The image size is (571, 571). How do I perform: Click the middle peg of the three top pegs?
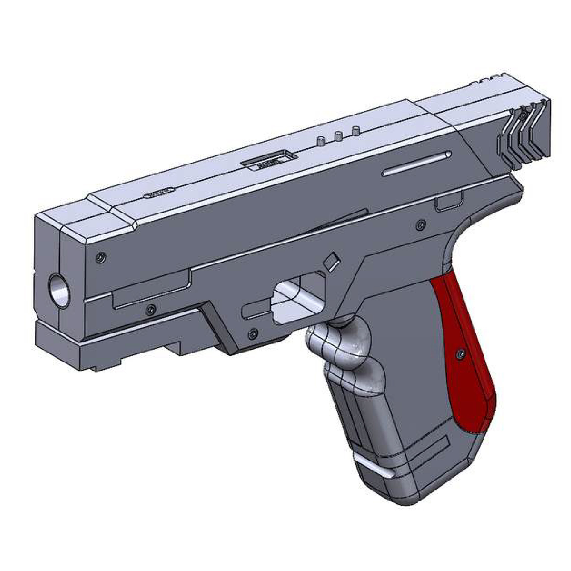coord(338,136)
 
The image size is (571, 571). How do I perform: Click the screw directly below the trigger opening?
coord(252,334)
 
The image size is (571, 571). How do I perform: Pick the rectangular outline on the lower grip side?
coord(430,457)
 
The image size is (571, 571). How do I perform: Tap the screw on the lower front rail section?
coord(152,309)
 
